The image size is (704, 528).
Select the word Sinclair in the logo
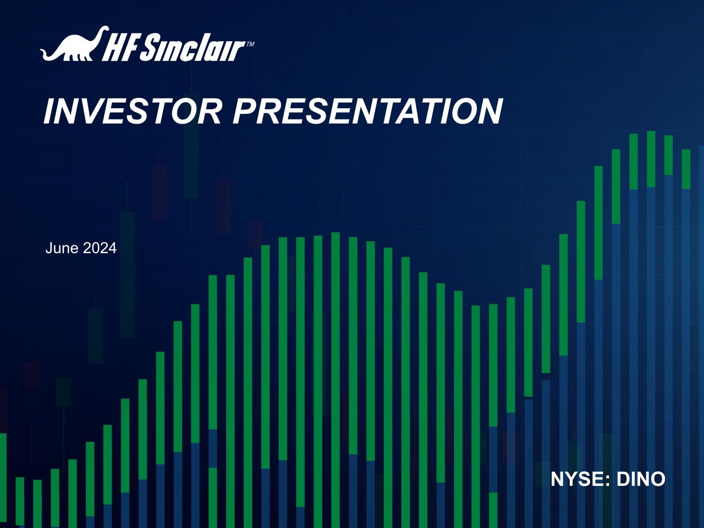pos(192,47)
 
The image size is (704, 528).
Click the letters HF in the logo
pos(120,48)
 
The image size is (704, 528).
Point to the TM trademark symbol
pos(250,44)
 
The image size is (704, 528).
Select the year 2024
pos(100,248)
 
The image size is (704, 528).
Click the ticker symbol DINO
pos(641,479)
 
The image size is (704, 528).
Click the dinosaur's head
pos(104,29)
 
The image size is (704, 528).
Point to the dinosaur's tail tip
pos(41,50)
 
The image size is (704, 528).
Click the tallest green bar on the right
pos(651,159)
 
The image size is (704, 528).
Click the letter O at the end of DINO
pos(658,479)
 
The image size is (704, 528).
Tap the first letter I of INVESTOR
pos(49,111)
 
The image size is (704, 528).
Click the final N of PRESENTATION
pos(490,111)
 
